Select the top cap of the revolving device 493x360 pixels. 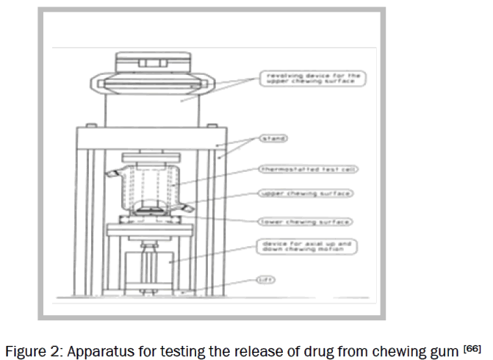(x=152, y=62)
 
